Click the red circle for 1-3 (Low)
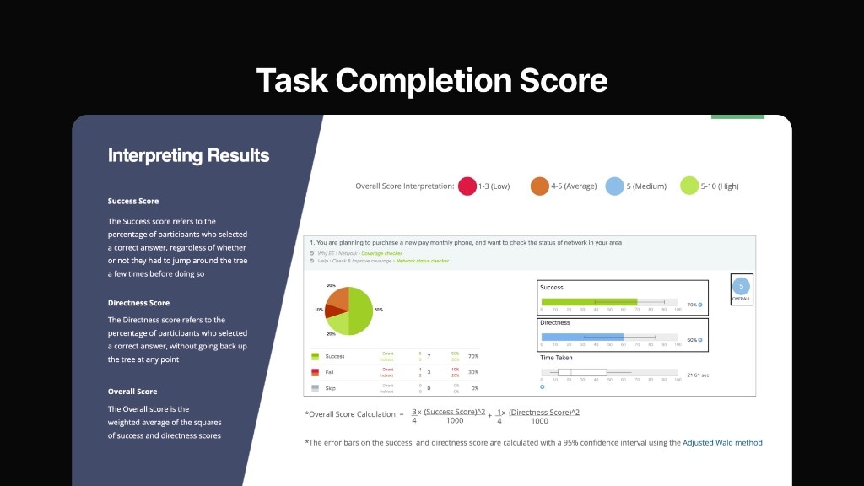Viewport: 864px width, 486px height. pos(467,186)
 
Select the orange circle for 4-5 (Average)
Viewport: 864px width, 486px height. pos(540,186)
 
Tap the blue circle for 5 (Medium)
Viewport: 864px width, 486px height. pos(615,186)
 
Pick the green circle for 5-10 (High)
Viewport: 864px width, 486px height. pos(689,186)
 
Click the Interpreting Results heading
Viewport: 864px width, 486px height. pos(188,156)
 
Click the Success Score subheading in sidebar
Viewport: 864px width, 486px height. pos(133,202)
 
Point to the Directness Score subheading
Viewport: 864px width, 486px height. pos(138,303)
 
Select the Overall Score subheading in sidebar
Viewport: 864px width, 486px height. pos(132,391)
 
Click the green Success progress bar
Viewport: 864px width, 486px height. pos(589,302)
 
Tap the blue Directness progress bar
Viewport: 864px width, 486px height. pos(582,337)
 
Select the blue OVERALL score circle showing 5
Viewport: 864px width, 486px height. pos(742,286)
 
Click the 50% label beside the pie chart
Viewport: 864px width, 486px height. pos(378,310)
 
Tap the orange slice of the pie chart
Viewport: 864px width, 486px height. pos(337,299)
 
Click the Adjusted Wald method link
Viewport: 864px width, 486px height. pos(722,442)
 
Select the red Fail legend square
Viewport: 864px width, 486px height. pos(315,371)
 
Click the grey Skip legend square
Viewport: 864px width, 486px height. pos(315,387)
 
